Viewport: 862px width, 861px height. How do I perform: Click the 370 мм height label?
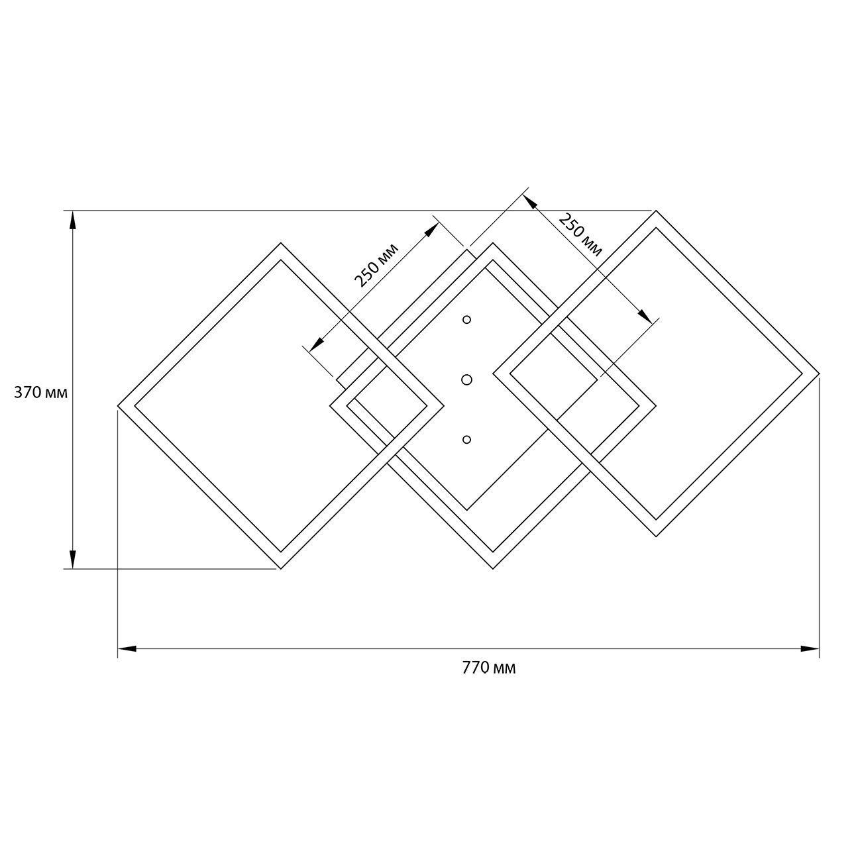coord(40,393)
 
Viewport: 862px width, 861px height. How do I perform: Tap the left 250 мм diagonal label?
coord(376,265)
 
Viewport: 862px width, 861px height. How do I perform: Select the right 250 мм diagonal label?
coord(580,235)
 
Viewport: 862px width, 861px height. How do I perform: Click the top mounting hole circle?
coord(466,320)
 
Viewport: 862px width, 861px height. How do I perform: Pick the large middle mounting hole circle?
coord(466,380)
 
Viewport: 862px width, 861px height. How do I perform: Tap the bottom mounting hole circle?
coord(466,440)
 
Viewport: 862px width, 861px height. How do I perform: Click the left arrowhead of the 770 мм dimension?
coord(127,648)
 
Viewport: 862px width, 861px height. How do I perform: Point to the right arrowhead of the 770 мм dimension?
coord(810,648)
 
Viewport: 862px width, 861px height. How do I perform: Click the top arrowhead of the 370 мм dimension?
coord(73,220)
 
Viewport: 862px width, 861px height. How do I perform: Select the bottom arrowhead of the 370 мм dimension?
coord(73,560)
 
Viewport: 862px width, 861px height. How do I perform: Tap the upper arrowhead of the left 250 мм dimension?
coord(432,229)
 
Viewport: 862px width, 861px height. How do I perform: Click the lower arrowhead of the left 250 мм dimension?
coord(316,344)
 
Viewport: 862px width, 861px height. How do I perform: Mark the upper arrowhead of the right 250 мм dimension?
coord(529,201)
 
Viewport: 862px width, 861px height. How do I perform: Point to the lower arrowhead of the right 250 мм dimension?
coord(645,316)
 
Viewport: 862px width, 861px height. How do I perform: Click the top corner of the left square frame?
coord(281,243)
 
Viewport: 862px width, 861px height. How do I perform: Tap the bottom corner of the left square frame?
coord(281,569)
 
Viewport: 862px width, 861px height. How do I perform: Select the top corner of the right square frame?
coord(656,210)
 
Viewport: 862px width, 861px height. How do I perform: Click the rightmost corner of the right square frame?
coord(819,374)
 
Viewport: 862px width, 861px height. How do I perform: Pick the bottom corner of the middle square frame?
coord(493,569)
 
